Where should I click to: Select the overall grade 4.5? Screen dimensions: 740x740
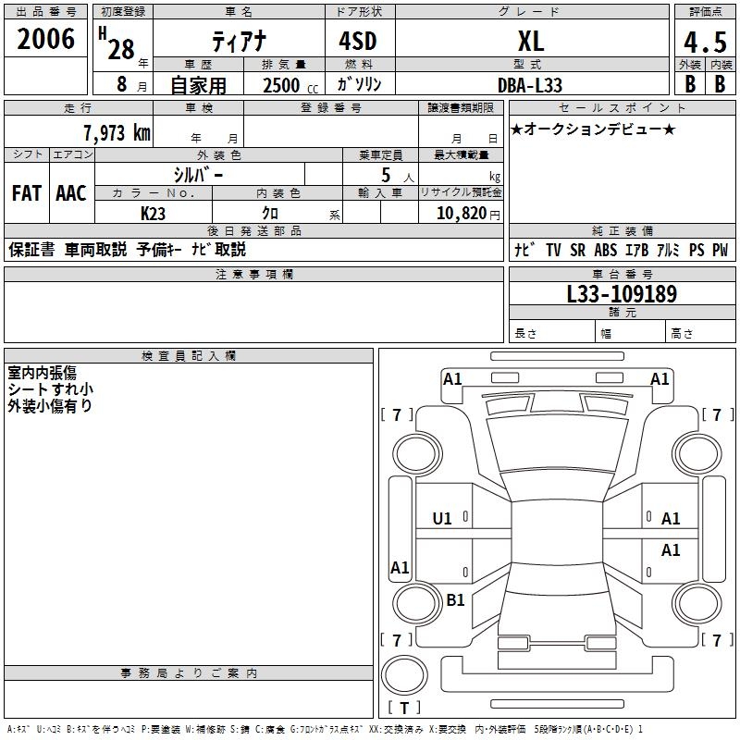[x=704, y=43]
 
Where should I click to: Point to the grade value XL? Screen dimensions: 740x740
[x=530, y=42]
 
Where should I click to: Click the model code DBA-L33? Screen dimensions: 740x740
[x=530, y=84]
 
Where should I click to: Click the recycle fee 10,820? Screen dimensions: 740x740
[x=461, y=214]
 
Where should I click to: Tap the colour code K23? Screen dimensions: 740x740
[x=153, y=214]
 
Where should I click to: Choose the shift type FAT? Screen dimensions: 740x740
[x=26, y=193]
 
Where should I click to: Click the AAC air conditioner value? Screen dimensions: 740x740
[x=71, y=193]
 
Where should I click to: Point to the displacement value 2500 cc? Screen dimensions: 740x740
[x=285, y=85]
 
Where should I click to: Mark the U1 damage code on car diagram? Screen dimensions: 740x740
[x=442, y=519]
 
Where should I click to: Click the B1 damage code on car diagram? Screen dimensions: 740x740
[x=455, y=600]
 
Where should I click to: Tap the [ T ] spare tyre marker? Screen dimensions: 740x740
[x=404, y=708]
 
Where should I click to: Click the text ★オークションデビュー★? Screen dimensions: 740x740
[x=593, y=129]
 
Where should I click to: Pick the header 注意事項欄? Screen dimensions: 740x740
[x=253, y=275]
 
